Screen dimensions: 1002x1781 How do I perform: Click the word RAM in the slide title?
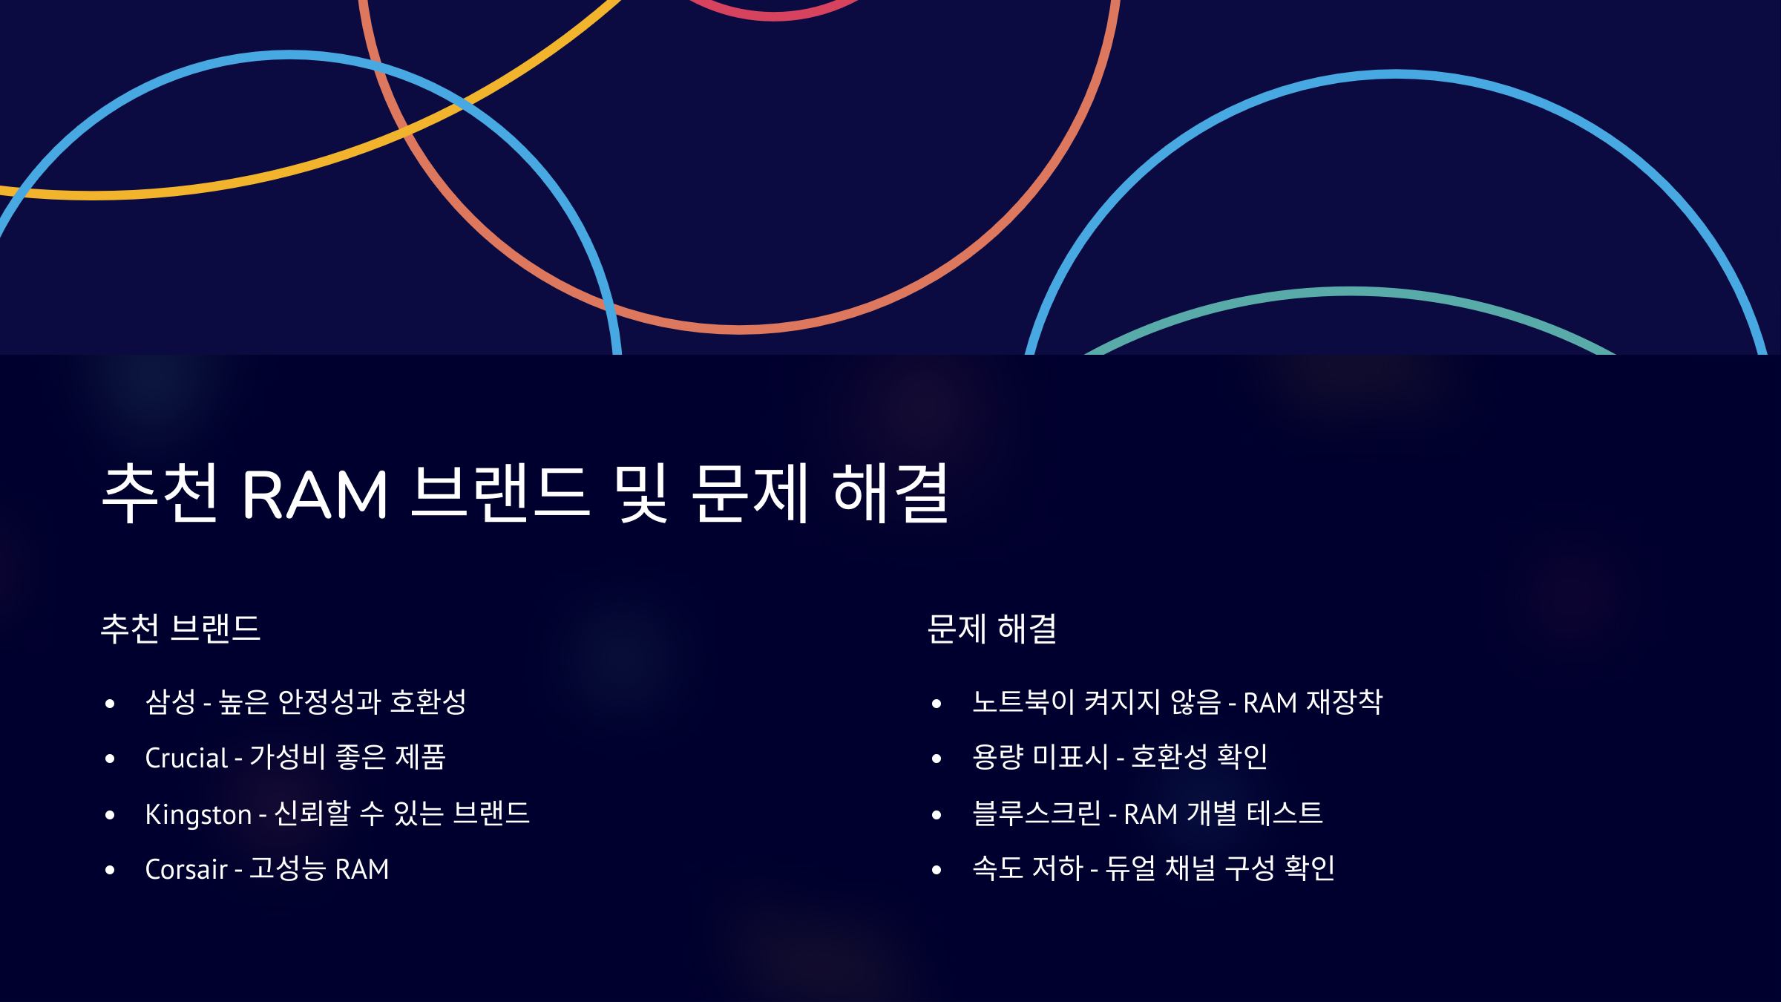pos(315,494)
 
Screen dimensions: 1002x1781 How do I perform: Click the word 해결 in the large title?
pos(891,493)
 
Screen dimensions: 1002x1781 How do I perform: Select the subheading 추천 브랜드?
pos(180,629)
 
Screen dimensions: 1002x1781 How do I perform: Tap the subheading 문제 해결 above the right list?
pos(992,629)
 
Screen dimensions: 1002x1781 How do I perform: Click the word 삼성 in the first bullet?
pos(171,702)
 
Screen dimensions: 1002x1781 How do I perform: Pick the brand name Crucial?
pos(186,758)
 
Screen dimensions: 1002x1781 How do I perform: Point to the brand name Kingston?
pos(198,814)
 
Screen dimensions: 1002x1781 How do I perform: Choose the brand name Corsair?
pos(186,869)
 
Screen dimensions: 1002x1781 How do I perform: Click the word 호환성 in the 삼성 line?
pos(428,702)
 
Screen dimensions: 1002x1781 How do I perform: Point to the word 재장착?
pos(1344,702)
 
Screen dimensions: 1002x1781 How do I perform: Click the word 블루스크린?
pos(1037,814)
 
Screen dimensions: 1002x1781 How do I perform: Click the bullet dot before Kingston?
pos(110,815)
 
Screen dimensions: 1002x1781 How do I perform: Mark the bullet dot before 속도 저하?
pos(937,870)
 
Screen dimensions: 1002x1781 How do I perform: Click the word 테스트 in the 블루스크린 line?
pos(1285,814)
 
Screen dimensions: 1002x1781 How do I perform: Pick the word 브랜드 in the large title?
pos(501,493)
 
